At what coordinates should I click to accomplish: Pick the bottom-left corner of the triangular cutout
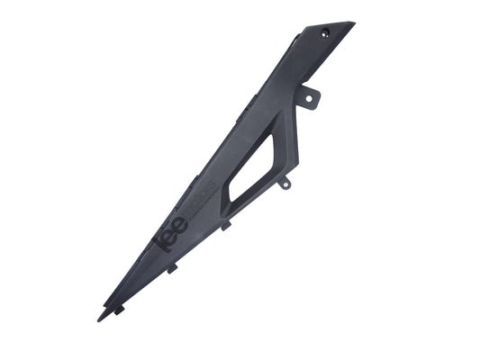click(x=231, y=199)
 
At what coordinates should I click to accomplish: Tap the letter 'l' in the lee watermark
click(x=159, y=243)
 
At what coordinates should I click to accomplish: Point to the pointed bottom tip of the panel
click(x=99, y=319)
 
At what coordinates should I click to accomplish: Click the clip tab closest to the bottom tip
click(x=118, y=310)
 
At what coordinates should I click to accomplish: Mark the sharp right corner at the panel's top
click(x=353, y=23)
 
